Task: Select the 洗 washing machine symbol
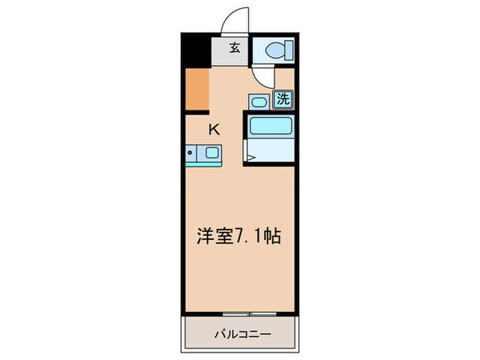click(283, 99)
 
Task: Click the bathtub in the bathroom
click(270, 125)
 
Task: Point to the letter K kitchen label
click(215, 128)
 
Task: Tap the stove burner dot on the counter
click(191, 153)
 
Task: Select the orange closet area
click(196, 89)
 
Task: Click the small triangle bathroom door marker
click(251, 158)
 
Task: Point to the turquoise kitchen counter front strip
click(203, 164)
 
